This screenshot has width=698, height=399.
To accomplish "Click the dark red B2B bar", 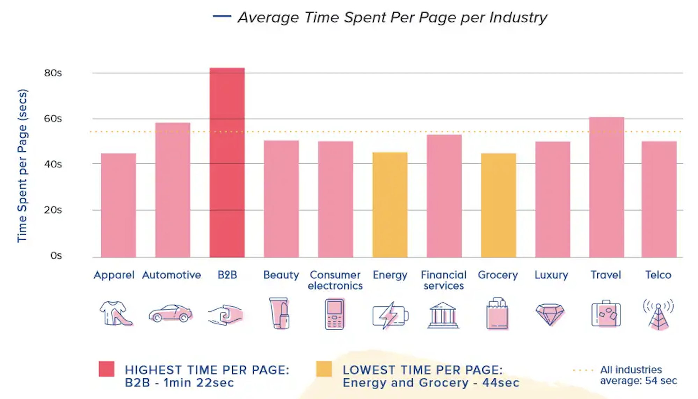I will (227, 162).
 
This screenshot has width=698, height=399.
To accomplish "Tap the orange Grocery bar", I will (498, 205).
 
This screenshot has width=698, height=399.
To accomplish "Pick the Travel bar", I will (606, 187).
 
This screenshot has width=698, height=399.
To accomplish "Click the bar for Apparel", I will (118, 205).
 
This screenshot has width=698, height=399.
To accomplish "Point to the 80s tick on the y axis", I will (53, 73).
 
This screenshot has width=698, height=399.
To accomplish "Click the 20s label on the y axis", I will (53, 210).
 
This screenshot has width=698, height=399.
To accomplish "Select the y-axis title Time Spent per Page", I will (22, 166).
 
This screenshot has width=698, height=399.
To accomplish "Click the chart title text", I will (392, 17).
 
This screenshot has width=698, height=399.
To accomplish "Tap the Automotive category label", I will (172, 275).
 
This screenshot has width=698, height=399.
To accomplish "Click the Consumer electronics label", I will (335, 280).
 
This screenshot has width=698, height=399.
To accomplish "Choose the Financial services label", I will (444, 280).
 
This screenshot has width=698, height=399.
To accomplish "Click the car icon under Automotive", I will (170, 313).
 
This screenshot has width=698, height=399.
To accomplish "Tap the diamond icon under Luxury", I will (550, 314).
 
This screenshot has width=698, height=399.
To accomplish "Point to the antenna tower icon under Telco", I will (658, 314).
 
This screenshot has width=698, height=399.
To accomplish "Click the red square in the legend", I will (107, 369).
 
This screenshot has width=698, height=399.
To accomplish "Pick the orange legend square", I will (324, 369).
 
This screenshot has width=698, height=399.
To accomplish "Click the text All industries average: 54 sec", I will (638, 375).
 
